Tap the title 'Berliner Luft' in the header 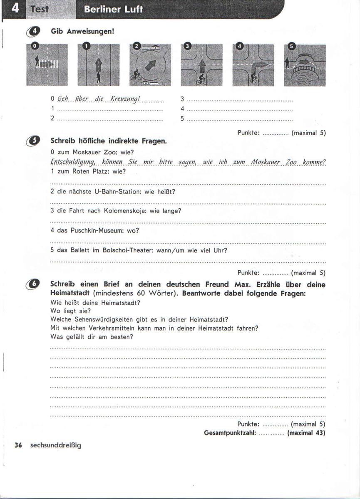coord(113,10)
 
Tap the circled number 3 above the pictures coord(188,47)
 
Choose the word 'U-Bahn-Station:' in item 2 coord(120,191)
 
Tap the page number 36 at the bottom coord(18,445)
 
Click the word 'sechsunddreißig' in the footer coord(56,445)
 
